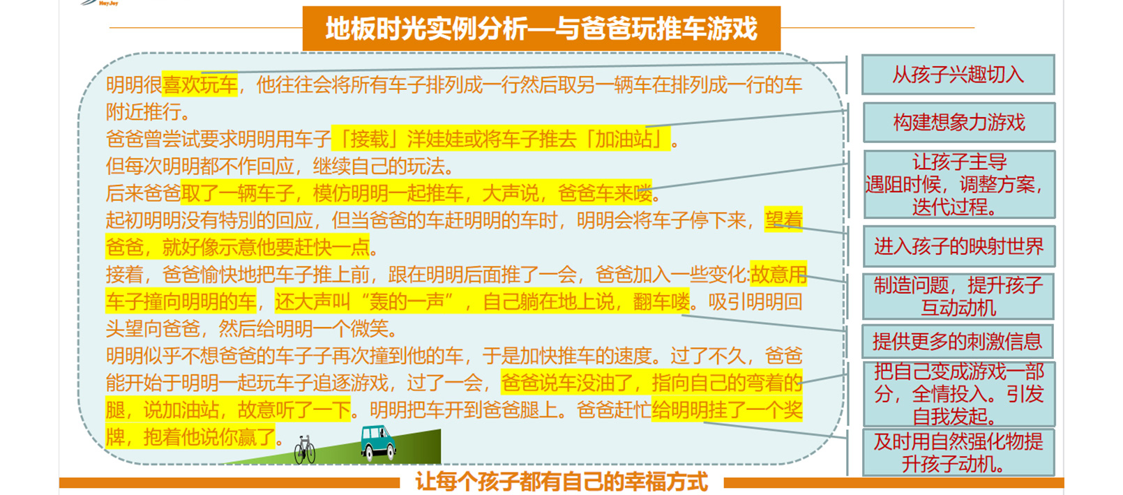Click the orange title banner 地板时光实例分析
pos(541,28)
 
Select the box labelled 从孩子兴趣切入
pos(958,75)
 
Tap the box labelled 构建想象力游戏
pos(959,123)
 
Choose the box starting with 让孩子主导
pos(960,184)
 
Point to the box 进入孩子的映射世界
pos(959,247)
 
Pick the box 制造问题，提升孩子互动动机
pos(958,296)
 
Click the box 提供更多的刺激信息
pos(958,342)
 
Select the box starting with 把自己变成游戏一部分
pos(959,394)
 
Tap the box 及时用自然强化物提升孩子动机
pos(958,452)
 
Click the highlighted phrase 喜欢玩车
pos(199,84)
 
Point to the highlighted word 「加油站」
pos(626,139)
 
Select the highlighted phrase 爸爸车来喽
pos(605,193)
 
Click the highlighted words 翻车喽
pos(661,302)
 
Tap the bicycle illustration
pos(304,449)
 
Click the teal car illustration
pos(379,443)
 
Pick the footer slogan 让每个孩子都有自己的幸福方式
pos(561,482)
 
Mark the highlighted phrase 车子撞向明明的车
pos(181,302)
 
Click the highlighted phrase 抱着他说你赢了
pos(209,437)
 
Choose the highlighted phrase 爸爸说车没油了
pos(567,383)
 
